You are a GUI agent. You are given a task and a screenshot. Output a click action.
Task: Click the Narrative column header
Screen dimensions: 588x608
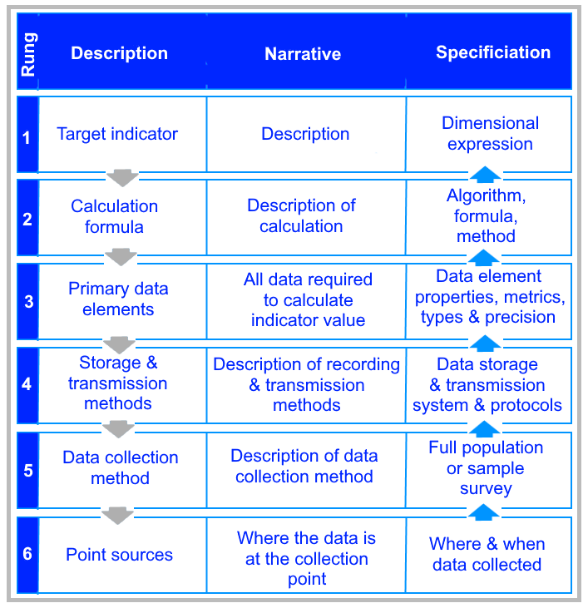coord(303,53)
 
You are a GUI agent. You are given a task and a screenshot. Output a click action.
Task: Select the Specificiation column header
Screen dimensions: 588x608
coord(493,52)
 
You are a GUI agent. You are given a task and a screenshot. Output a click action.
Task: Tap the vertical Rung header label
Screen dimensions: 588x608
coord(28,54)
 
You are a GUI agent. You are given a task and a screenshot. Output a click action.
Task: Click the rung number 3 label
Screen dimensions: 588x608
coord(28,302)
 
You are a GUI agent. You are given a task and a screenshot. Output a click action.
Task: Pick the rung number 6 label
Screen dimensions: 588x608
coord(27,553)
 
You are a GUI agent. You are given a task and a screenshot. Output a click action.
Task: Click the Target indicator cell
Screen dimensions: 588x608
coord(117,134)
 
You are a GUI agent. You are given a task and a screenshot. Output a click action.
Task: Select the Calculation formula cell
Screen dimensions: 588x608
coord(114,217)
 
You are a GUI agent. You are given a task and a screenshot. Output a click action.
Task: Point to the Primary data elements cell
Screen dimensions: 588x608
coord(118,299)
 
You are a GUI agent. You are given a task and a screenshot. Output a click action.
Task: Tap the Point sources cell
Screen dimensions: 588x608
coord(120,555)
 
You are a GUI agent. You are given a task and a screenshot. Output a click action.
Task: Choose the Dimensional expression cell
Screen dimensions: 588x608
coord(491,133)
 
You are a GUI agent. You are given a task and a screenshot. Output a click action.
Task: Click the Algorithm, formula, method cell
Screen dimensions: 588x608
coord(486,216)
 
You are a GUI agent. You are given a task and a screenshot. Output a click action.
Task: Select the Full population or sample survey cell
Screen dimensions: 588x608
coord(486,468)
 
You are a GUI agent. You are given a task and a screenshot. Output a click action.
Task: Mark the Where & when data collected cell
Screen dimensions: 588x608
coord(487,555)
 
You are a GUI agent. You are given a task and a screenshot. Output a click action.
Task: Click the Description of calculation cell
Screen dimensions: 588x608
coord(301,216)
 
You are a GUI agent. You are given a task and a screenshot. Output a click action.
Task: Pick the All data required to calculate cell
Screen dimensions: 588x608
coord(309,299)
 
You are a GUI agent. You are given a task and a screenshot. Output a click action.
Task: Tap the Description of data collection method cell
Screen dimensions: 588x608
coord(304,467)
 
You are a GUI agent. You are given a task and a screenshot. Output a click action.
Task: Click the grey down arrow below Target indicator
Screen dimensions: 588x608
coord(122,178)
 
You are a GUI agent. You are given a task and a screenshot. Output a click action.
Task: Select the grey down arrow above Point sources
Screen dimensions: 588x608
coord(117,516)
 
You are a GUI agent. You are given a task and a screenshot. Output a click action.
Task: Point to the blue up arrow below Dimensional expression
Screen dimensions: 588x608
coord(485,174)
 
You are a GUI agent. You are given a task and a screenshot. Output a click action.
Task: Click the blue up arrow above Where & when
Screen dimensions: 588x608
coord(484,512)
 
